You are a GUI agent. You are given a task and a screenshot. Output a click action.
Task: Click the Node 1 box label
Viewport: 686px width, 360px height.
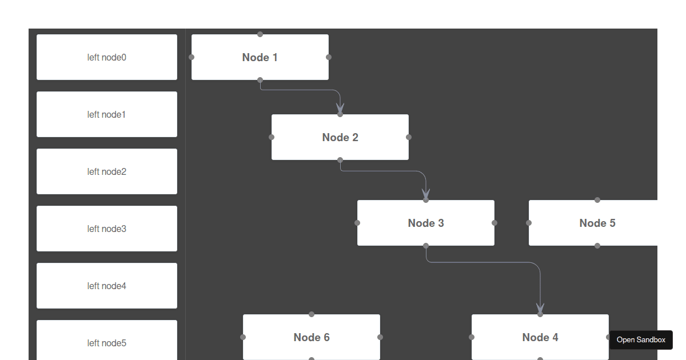(260, 57)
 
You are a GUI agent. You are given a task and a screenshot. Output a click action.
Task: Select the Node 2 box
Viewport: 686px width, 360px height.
(340, 137)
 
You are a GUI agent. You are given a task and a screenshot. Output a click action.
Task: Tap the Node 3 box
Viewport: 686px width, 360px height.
(426, 223)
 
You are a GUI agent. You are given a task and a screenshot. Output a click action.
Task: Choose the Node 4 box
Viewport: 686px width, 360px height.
(540, 337)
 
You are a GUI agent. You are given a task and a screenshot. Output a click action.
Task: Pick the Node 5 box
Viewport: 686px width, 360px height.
(597, 223)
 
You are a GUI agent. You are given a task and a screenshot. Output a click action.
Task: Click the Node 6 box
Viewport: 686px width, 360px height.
(312, 337)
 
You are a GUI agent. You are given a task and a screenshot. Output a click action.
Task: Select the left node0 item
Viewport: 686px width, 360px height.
(107, 57)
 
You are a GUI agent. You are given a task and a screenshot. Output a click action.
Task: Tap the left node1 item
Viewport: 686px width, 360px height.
(107, 114)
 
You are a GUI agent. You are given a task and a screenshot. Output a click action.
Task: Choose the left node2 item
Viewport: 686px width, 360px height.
(107, 171)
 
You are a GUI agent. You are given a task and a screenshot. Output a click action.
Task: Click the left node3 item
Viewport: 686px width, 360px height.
(107, 229)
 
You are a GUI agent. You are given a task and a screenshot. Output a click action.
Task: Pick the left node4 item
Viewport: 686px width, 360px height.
(107, 286)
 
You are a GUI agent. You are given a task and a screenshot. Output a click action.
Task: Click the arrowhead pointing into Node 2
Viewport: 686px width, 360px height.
(340, 108)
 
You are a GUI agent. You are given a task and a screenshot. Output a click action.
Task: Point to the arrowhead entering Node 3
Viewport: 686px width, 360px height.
(426, 194)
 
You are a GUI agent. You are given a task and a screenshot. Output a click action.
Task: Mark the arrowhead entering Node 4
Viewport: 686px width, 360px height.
(540, 308)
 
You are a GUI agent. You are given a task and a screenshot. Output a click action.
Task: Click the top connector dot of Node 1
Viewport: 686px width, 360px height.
(260, 34)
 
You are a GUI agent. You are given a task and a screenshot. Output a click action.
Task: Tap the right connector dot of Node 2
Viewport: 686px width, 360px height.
(409, 137)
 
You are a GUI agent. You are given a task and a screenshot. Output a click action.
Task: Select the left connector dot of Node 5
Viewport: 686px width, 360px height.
(529, 223)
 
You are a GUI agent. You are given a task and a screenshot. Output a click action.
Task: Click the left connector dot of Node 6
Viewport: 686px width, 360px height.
(243, 337)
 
